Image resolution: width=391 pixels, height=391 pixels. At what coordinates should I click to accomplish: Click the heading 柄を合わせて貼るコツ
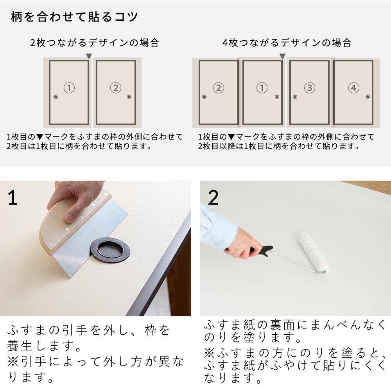[74, 17]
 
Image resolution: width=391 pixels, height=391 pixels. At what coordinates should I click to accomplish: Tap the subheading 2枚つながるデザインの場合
[95, 43]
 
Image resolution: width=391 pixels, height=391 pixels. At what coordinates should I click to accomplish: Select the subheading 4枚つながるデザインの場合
[287, 43]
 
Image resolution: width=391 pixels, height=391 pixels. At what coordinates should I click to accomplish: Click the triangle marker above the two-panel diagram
[89, 56]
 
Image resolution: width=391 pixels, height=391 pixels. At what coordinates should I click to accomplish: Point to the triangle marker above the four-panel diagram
[282, 56]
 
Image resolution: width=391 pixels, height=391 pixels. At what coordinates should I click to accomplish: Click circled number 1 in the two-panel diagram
[69, 88]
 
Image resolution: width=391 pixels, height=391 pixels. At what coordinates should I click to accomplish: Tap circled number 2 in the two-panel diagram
[116, 88]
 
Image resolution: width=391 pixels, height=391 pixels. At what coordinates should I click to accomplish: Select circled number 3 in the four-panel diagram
[309, 88]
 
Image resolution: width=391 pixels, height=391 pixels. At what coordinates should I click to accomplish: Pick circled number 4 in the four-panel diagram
[353, 88]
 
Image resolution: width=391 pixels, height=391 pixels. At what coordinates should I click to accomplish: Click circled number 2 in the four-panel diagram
[219, 88]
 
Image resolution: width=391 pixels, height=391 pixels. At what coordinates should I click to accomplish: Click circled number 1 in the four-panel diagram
[262, 88]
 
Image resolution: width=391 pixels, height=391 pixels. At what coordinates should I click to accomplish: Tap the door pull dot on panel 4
[368, 97]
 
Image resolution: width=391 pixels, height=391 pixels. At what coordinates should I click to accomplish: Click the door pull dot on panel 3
[295, 97]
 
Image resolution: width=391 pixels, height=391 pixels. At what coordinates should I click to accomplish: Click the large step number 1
[13, 198]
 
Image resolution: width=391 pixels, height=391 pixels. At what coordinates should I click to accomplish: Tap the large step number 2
[213, 198]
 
